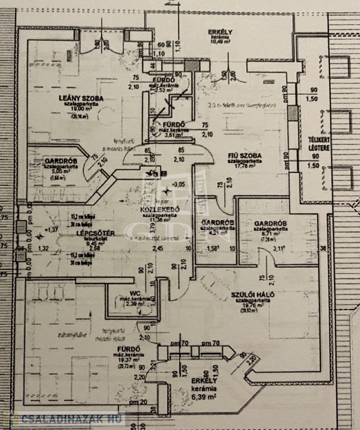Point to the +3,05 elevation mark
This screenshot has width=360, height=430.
pyautogui.click(x=179, y=184)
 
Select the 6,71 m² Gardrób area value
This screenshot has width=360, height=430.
pyautogui.click(x=270, y=234)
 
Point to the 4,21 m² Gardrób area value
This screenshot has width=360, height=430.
pyautogui.click(x=216, y=233)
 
